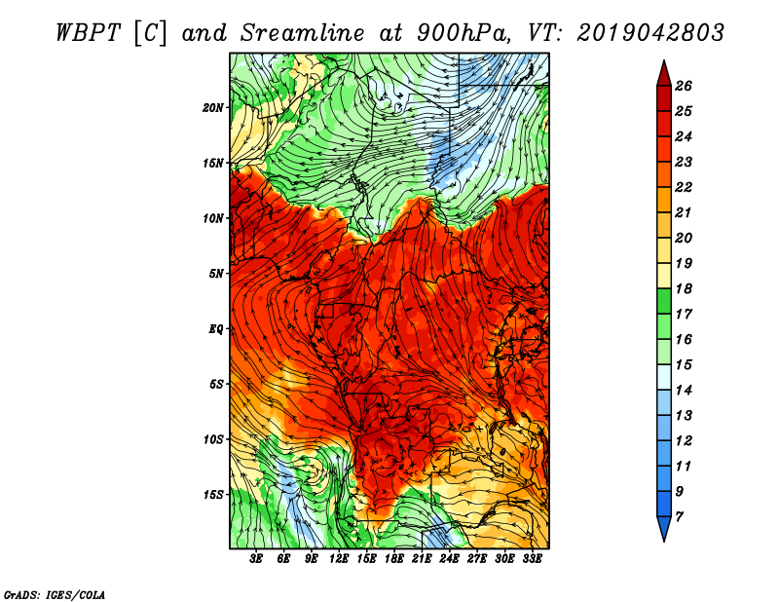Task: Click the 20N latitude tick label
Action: click(x=213, y=108)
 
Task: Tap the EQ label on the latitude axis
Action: click(x=215, y=329)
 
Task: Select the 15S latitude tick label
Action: click(x=213, y=495)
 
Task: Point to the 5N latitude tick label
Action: click(x=216, y=274)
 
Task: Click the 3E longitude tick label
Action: click(x=256, y=559)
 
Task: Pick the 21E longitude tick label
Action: click(x=422, y=559)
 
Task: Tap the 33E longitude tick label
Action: click(x=532, y=559)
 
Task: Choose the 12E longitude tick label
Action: click(x=338, y=559)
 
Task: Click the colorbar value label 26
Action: click(x=684, y=86)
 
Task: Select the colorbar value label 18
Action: click(x=684, y=288)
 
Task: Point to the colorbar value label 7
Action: click(x=679, y=517)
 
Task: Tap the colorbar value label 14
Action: click(x=684, y=391)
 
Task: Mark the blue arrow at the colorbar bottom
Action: click(x=664, y=527)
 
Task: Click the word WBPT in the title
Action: click(x=89, y=33)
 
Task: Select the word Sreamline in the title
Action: click(x=303, y=33)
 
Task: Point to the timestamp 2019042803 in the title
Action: click(x=650, y=33)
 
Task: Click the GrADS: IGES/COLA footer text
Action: click(x=55, y=594)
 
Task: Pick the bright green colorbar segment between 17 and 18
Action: click(x=664, y=301)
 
